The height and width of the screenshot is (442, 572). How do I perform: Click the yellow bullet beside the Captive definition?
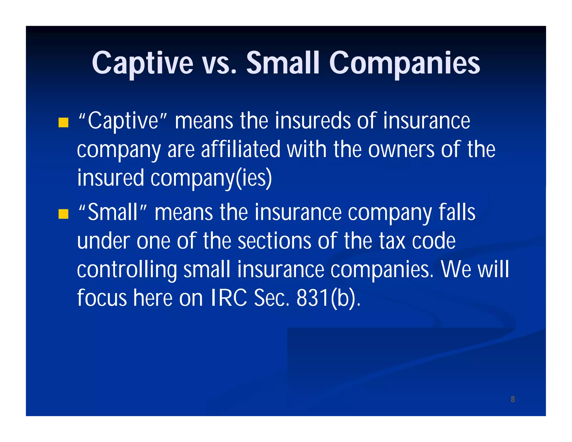click(x=63, y=122)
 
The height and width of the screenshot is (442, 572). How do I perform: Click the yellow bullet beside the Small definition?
click(x=63, y=214)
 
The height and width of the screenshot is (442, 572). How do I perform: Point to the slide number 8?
click(x=513, y=399)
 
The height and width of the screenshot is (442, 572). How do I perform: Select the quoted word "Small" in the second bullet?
click(x=113, y=212)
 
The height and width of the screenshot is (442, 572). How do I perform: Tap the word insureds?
click(x=313, y=121)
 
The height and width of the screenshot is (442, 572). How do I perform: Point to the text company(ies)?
click(x=211, y=178)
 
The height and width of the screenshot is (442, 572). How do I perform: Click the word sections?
click(x=274, y=241)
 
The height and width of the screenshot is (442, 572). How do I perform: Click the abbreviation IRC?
click(x=229, y=298)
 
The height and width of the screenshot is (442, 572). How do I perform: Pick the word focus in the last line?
click(x=102, y=298)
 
